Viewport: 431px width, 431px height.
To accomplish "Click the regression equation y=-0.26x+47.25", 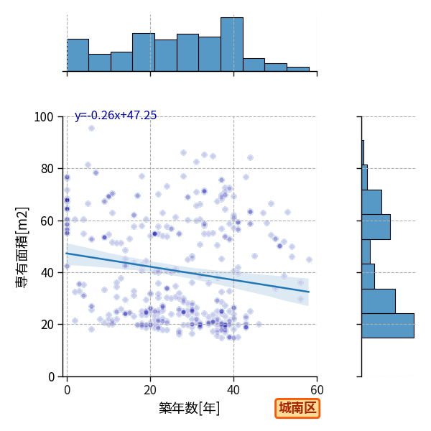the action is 116,115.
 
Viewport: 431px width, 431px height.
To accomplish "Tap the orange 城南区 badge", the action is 297,408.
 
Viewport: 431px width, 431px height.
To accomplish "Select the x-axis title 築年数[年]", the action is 190,408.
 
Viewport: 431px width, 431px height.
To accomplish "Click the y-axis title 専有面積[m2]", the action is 22,247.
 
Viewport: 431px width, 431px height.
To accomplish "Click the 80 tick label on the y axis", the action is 47,169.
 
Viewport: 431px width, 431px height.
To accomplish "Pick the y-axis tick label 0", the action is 51,377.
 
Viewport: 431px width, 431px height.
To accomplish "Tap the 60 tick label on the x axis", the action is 318,390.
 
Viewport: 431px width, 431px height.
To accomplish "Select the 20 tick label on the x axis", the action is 150,390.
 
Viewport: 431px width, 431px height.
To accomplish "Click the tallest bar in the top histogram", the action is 232,45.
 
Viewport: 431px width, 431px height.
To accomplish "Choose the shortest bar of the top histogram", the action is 298,69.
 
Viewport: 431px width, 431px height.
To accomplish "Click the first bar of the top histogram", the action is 78,55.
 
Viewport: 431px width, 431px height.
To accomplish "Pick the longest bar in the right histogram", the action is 388,325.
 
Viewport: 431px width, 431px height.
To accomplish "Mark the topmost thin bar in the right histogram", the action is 363,153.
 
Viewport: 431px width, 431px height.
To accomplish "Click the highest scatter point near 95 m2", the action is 91,128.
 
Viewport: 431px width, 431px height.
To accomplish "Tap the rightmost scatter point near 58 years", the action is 309,259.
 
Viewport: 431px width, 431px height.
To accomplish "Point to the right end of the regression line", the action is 309,292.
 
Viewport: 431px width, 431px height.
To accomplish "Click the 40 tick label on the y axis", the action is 47,273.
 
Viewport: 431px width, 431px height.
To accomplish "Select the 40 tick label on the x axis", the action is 233,390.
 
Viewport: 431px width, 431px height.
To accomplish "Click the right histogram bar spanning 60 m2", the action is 376,227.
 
